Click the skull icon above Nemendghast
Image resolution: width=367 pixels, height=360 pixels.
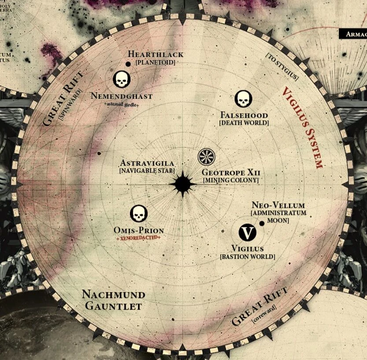(122, 79)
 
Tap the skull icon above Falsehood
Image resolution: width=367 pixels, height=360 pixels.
(243, 99)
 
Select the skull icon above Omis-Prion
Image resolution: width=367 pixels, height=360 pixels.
(138, 214)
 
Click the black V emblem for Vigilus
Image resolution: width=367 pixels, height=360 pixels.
(248, 232)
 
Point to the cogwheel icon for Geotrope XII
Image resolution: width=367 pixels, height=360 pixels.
(206, 156)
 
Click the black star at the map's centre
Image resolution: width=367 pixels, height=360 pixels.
(182, 184)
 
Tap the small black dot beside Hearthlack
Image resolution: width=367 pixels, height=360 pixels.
(128, 64)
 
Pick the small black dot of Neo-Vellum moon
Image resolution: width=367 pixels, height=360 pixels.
(262, 223)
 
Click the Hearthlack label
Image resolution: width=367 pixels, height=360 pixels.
(156, 55)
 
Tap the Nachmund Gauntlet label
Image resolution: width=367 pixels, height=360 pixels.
(113, 300)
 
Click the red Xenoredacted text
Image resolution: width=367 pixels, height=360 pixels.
(138, 238)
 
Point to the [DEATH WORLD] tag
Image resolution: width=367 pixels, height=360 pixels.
(244, 123)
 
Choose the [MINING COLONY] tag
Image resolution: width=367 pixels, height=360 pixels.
(230, 180)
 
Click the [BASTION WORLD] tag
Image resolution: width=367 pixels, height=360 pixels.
(247, 257)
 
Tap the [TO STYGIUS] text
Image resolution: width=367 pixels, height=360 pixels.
(282, 67)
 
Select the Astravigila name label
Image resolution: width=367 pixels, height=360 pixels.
(147, 163)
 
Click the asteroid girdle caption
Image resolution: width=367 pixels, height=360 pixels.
(121, 104)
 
